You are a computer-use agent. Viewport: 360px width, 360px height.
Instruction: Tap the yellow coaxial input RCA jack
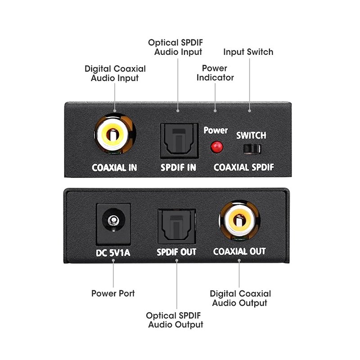pos(114,134)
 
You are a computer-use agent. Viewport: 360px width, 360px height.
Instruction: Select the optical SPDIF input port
pos(179,140)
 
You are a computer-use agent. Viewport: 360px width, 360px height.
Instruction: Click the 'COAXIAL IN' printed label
pos(114,168)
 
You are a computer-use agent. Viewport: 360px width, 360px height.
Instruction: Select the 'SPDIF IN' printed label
pos(179,168)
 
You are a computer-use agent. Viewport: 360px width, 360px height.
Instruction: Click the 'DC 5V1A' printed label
pos(113,252)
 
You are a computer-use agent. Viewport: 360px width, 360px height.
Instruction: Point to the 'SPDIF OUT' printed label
pos(177,252)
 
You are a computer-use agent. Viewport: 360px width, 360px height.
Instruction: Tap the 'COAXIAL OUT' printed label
pos(239,252)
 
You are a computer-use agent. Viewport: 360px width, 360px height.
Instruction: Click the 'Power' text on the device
pos(216,130)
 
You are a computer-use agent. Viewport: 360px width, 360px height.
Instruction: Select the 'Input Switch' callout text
pos(248,52)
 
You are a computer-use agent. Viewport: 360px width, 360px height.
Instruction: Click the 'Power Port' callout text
pos(113,293)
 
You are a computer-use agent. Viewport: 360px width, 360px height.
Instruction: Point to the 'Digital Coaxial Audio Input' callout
pos(115,73)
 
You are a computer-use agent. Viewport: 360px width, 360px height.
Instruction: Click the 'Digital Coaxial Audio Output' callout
pos(240,298)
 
